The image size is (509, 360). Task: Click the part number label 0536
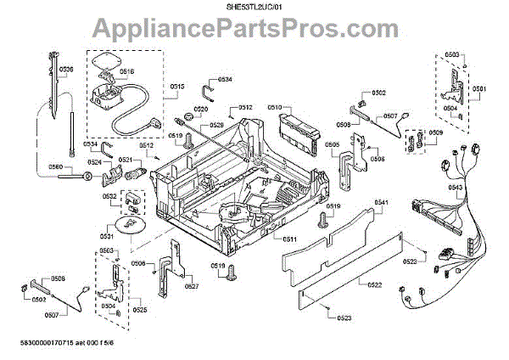(67, 68)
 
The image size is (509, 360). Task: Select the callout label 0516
(126, 73)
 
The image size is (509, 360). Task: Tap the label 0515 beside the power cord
(176, 86)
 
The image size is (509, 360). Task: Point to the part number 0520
(200, 110)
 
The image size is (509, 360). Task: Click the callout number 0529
(216, 125)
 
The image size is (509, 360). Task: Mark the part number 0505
(330, 144)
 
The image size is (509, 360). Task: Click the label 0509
(435, 133)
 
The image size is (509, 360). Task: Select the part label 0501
(479, 89)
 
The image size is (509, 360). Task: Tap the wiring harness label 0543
(455, 187)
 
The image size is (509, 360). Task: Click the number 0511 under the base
(289, 240)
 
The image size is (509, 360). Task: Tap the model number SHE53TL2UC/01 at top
(254, 7)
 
